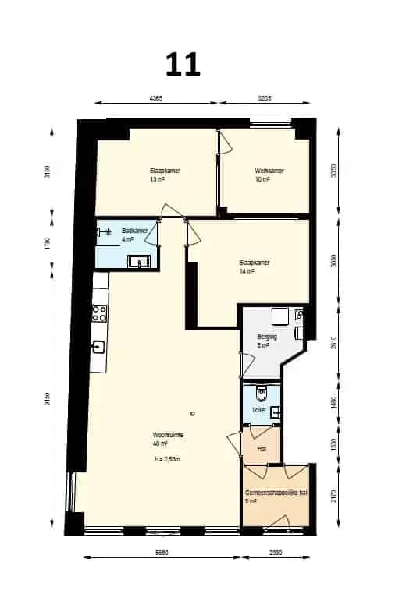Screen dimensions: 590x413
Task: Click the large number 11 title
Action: click(x=183, y=64)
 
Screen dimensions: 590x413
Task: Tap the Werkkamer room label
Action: click(x=268, y=171)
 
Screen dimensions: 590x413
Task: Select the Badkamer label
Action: click(x=134, y=232)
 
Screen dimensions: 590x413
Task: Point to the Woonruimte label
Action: click(x=168, y=436)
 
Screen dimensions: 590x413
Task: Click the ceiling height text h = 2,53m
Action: click(x=169, y=458)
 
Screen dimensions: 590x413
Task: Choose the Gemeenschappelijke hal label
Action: click(x=273, y=494)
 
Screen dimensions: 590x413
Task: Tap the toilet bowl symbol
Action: click(x=263, y=392)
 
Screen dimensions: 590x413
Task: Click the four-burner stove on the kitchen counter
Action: click(x=100, y=313)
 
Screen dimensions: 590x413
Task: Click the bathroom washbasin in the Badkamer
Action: click(x=140, y=261)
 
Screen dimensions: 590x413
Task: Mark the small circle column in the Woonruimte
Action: click(x=192, y=413)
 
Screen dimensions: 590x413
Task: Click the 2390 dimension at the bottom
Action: click(x=276, y=554)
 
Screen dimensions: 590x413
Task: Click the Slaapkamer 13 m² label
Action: click(x=161, y=175)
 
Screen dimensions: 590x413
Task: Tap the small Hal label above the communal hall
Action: click(x=261, y=449)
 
